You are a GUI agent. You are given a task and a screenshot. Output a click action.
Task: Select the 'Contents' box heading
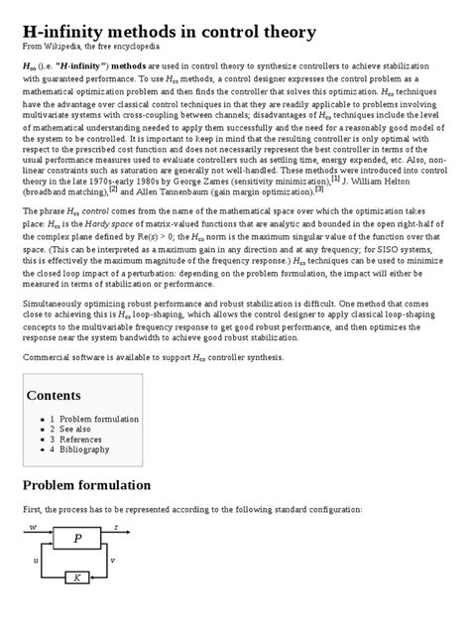(53, 395)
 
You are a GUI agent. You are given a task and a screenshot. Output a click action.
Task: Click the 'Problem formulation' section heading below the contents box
(86, 484)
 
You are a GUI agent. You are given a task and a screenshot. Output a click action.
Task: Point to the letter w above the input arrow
(33, 528)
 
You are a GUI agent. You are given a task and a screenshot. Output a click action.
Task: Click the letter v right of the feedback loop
(112, 561)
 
